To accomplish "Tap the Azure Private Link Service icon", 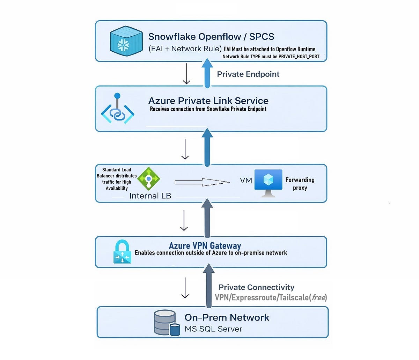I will coord(118,108).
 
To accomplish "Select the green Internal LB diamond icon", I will coord(149,178).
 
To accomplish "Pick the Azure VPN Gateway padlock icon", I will coord(122,251).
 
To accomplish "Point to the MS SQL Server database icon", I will coord(167,323).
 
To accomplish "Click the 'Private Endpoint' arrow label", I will coord(248,74).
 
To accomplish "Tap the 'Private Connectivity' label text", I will coord(256,287).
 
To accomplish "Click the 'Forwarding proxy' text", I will coord(300,184).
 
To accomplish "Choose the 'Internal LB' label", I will coord(150,196).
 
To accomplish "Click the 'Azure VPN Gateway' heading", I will coord(205,245).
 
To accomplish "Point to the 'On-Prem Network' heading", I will coord(227,317).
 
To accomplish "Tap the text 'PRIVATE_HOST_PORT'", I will coord(299,57).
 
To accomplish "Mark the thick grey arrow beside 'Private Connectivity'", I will coord(208,286).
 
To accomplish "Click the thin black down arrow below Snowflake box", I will coord(186,74).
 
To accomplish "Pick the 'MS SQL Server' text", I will coord(213,329).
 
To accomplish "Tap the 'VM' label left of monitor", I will coord(246,181).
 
